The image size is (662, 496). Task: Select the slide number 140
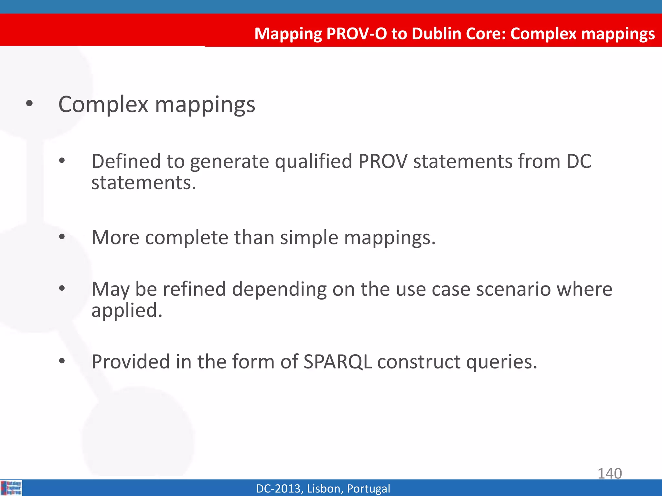point(609,473)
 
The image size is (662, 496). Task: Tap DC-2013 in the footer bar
point(279,489)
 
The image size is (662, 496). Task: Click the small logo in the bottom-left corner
point(11,488)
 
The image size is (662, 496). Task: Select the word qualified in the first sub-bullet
point(313,161)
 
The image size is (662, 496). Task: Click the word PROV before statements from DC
point(383,161)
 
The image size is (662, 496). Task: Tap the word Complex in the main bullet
point(103,105)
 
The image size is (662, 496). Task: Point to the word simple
point(309,237)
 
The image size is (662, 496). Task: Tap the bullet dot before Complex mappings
point(29,104)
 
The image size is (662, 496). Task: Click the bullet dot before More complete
point(62,237)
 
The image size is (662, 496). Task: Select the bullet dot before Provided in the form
point(62,361)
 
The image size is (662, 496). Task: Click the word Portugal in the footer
point(368,489)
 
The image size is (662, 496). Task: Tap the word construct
point(419,361)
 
